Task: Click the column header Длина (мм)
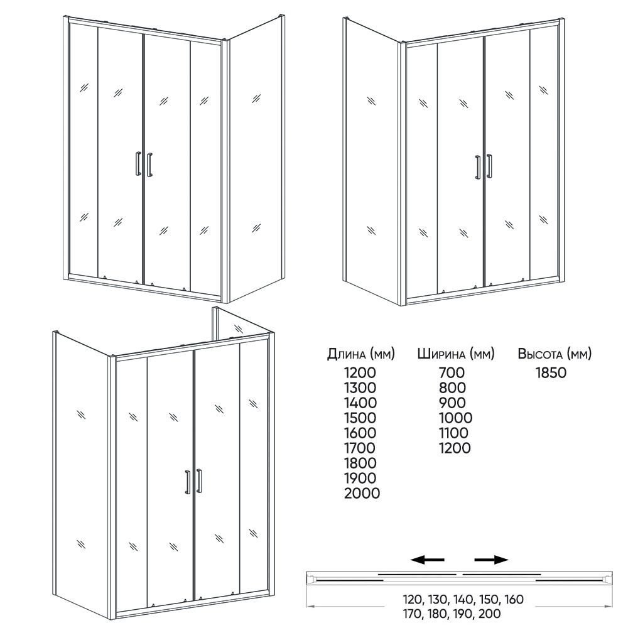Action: (360, 354)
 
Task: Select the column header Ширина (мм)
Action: (455, 354)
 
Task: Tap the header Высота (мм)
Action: (555, 354)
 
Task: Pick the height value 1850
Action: (551, 372)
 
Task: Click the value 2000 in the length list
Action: (362, 494)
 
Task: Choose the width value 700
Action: (453, 372)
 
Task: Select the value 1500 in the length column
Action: (360, 418)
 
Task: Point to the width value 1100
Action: (454, 433)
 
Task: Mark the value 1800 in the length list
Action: (360, 463)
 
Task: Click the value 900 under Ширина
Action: (453, 403)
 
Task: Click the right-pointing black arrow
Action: (491, 560)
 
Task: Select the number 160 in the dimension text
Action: (511, 600)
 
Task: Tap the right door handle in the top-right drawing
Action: (489, 166)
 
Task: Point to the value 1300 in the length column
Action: (360, 387)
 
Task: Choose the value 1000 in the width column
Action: (455, 418)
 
